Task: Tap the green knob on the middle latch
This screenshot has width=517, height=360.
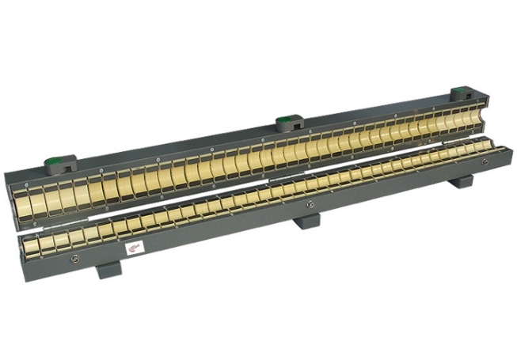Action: coord(287,122)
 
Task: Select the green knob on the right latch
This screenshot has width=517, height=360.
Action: coord(462,92)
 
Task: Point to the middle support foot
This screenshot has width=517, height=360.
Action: coord(306,219)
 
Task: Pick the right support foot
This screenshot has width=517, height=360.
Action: coord(462,181)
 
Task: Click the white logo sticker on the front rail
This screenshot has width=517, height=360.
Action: coord(135,249)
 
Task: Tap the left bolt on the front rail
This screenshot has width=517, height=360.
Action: coord(74,259)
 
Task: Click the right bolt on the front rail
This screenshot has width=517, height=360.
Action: coord(485,161)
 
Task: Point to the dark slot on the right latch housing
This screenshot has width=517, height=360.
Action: coord(462,102)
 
